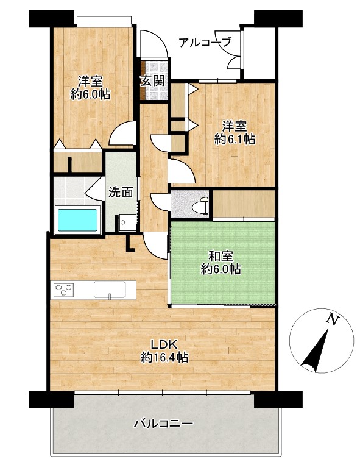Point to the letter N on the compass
tap(331, 319)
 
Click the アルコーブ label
tap(205, 42)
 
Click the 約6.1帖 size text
tap(235, 140)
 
